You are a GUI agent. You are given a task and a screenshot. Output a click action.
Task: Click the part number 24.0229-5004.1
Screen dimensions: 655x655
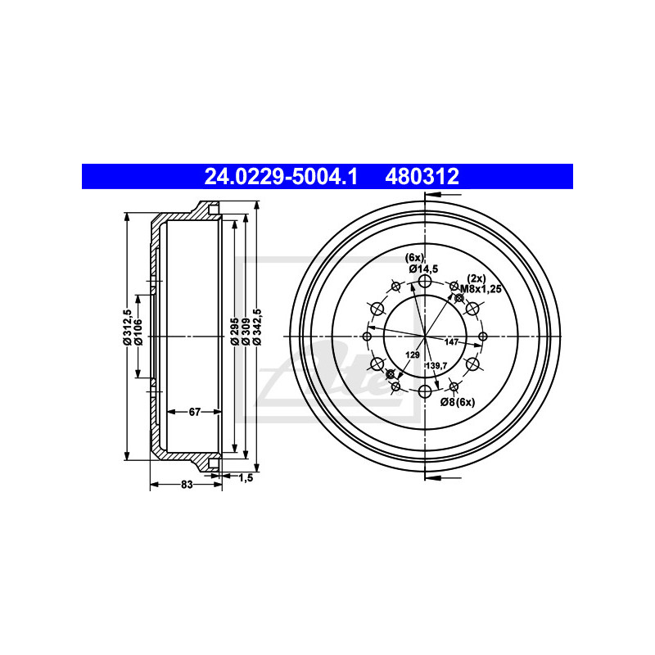click(280, 176)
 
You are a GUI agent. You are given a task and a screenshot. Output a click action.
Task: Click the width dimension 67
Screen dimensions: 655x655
click(194, 412)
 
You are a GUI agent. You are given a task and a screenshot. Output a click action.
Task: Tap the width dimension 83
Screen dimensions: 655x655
click(186, 486)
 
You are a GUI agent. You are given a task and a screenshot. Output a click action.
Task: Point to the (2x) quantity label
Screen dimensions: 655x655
click(477, 278)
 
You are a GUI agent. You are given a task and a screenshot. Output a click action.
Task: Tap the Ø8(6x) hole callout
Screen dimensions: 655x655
click(458, 401)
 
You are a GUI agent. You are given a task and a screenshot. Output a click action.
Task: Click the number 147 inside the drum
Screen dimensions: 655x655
click(451, 341)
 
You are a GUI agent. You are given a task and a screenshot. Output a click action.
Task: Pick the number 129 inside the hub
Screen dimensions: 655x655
click(413, 355)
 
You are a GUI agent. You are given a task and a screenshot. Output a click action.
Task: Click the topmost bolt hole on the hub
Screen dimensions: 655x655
click(424, 282)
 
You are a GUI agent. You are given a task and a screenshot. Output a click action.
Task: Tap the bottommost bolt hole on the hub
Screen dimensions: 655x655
click(424, 391)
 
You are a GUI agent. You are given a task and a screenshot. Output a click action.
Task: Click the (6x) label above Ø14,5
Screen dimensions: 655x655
click(415, 258)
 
